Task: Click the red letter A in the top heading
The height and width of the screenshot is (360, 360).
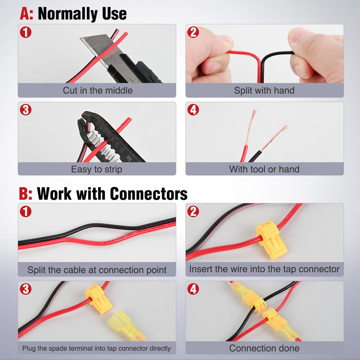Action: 26,14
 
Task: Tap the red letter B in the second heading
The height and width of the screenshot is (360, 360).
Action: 25,194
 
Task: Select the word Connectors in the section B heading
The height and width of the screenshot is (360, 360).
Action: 149,194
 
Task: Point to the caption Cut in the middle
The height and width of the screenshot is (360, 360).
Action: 98,90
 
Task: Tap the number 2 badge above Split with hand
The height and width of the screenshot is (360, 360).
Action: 193,32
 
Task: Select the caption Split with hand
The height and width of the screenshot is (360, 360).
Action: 264,90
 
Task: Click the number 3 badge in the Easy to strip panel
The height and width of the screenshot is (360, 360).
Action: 26,110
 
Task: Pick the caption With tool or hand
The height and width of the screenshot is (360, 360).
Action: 264,169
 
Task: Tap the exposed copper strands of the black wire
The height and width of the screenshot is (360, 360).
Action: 276,136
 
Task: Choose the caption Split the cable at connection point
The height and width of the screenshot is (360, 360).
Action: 97,270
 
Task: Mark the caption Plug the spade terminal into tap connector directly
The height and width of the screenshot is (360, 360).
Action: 97,348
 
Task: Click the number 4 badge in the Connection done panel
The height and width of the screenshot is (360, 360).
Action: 193,289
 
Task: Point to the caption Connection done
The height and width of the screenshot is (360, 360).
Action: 264,348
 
